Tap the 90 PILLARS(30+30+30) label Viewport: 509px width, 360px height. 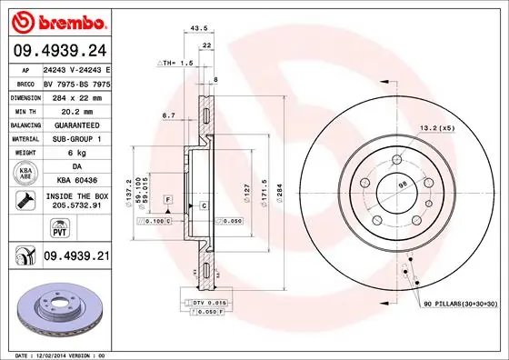pos(459,302)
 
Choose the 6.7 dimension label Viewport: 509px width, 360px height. pos(167,115)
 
